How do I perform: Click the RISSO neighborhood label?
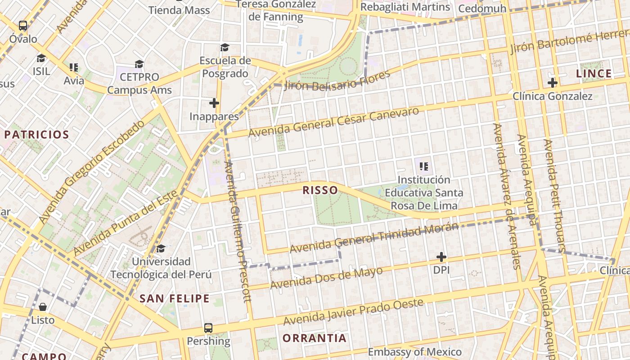(x=320, y=190)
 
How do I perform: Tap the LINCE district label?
(x=594, y=73)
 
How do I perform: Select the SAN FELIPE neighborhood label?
(x=174, y=298)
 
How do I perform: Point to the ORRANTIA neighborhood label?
(x=315, y=338)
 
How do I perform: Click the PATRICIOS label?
(x=36, y=135)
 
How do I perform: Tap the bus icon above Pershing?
(x=208, y=328)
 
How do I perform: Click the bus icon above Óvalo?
(x=23, y=26)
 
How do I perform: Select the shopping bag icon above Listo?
(x=43, y=307)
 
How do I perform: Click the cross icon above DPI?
(x=441, y=257)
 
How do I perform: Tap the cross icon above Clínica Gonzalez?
(x=553, y=83)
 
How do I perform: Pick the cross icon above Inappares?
(x=214, y=103)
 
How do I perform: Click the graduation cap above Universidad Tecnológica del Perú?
(x=161, y=248)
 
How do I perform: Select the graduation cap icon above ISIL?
(x=41, y=58)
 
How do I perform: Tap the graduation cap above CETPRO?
(x=139, y=64)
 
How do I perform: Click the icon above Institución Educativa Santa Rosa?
(x=423, y=166)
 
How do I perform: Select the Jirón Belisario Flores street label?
(x=337, y=80)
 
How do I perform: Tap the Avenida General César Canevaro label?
(x=333, y=122)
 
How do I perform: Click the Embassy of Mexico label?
(x=415, y=352)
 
